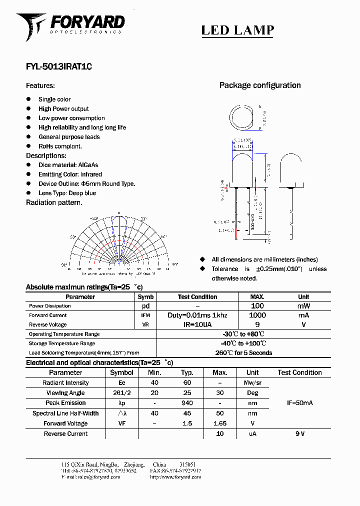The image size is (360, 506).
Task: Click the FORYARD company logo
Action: click(70, 24)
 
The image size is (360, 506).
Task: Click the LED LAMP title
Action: click(237, 30)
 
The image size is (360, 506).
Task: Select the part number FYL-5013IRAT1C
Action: click(59, 66)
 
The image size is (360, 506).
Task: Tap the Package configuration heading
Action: click(260, 85)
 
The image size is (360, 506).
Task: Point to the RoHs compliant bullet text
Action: click(60, 146)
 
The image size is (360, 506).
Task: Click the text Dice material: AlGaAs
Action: click(68, 165)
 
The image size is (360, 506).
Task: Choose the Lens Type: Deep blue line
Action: click(67, 193)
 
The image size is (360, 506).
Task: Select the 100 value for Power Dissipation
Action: click(257, 305)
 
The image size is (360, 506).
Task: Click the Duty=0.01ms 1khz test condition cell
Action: click(197, 315)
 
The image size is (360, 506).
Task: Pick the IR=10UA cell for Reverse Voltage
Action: click(197, 324)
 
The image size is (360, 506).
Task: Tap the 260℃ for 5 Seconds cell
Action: click(243, 352)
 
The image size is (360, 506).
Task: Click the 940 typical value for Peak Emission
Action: click(187, 403)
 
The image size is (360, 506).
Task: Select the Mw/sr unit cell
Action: click(252, 383)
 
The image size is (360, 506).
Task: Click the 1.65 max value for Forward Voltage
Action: click(219, 423)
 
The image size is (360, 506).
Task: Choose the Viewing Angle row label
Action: click(65, 393)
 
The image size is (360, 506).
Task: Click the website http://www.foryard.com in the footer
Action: click(175, 477)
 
